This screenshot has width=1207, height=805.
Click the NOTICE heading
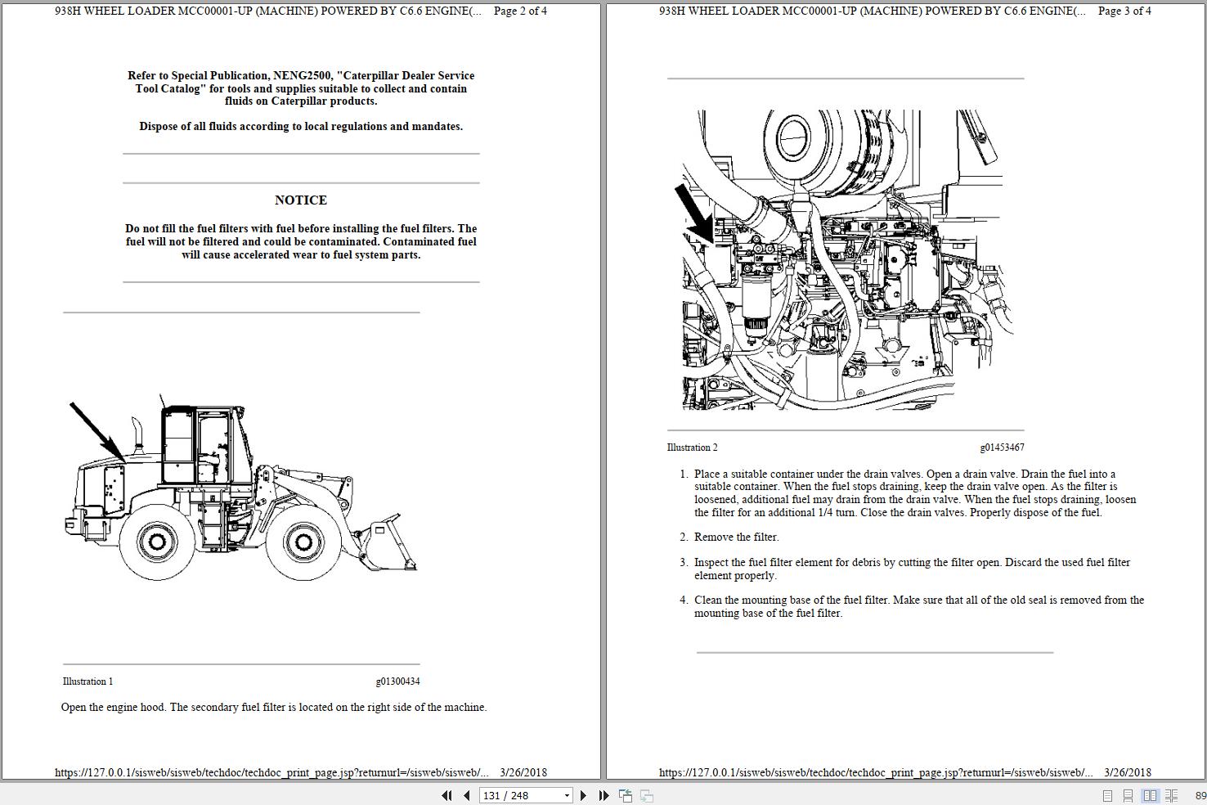coord(301,200)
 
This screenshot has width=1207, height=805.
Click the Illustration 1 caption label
coord(87,681)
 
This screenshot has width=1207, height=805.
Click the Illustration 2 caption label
coord(692,447)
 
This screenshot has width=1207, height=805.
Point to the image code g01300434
coord(397,681)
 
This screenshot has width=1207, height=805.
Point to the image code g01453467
coord(1002,447)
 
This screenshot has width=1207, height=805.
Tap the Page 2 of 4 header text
coord(520,11)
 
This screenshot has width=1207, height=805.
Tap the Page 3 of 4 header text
coord(1124,11)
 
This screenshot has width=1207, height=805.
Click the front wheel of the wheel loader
coord(303,541)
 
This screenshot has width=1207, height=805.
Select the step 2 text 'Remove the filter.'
coord(736,537)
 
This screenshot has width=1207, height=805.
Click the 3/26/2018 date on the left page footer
coord(523,772)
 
